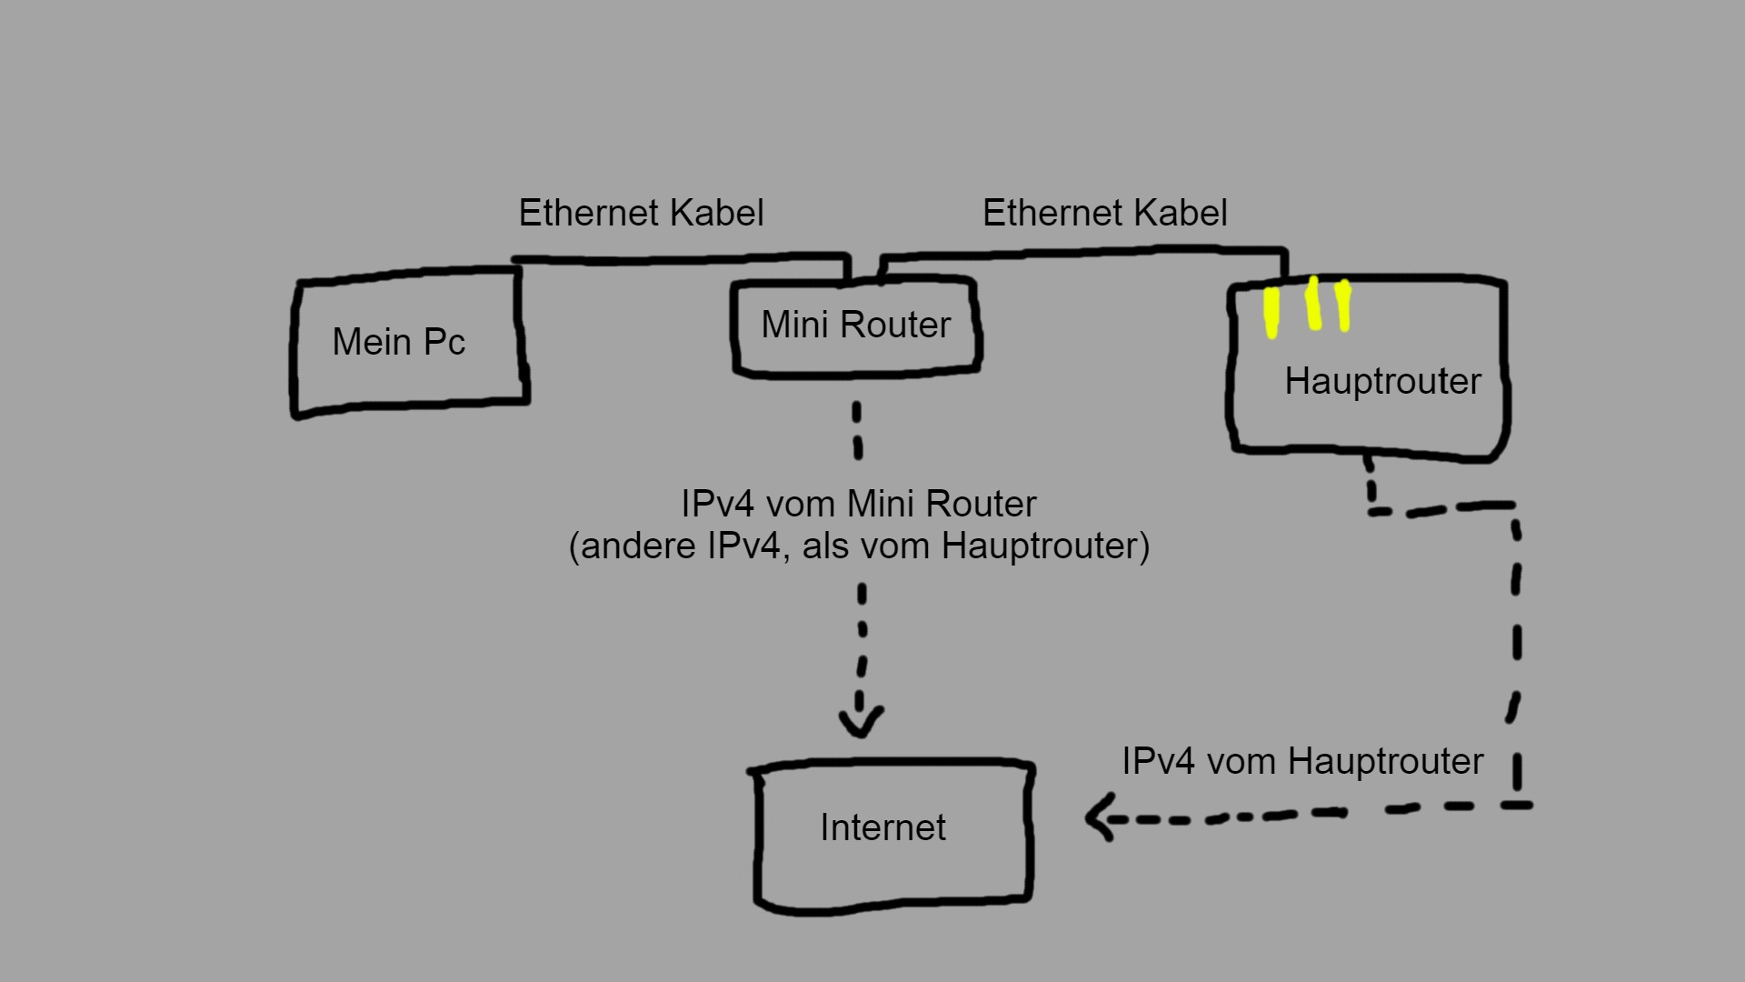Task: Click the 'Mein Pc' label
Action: pyautogui.click(x=398, y=343)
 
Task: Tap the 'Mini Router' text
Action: pyautogui.click(x=855, y=325)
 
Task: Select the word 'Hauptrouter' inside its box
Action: pyautogui.click(x=1382, y=381)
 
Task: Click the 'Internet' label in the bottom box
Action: pyautogui.click(x=882, y=827)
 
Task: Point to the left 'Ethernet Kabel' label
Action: pyautogui.click(x=641, y=213)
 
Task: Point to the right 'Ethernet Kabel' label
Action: pyautogui.click(x=1104, y=213)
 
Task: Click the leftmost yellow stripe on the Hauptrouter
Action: pyautogui.click(x=1271, y=312)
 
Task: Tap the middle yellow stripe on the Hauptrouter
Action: pyautogui.click(x=1313, y=304)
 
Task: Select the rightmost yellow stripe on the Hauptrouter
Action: pyautogui.click(x=1343, y=306)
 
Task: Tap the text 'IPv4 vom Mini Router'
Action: pyautogui.click(x=858, y=504)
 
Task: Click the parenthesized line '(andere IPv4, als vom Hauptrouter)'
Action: pyautogui.click(x=859, y=546)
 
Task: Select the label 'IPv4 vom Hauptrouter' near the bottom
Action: pyautogui.click(x=1301, y=761)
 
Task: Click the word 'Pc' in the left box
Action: pyautogui.click(x=444, y=343)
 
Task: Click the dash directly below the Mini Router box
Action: pyautogui.click(x=857, y=430)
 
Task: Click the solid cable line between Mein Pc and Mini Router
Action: pyautogui.click(x=682, y=260)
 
